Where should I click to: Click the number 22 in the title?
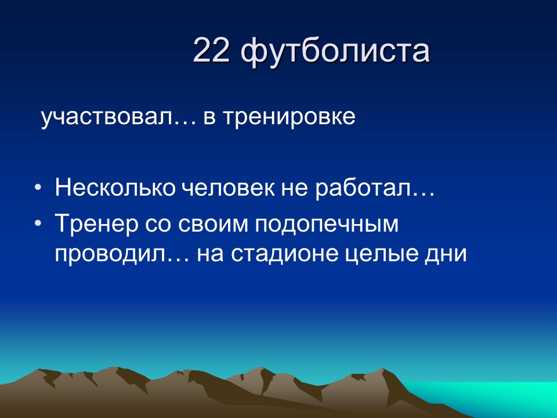[x=212, y=51]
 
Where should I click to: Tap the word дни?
[x=449, y=254]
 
